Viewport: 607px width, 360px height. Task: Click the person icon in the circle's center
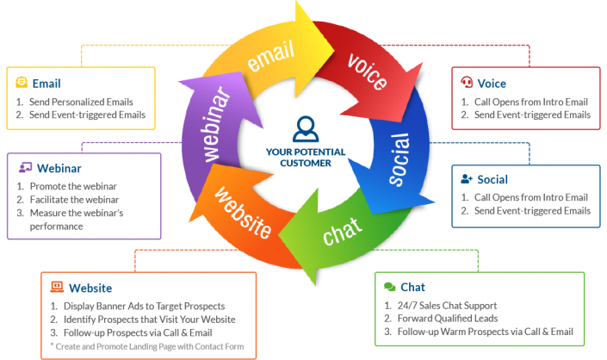point(305,128)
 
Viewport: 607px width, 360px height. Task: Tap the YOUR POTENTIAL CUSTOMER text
point(305,157)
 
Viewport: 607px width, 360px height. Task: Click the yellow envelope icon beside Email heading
point(22,84)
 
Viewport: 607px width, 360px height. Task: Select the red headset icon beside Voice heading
point(467,84)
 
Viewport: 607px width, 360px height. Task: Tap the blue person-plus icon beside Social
point(467,179)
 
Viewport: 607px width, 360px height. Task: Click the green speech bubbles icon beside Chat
point(389,287)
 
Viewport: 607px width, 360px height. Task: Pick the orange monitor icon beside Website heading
point(57,287)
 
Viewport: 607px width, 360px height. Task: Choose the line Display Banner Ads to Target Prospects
point(142,306)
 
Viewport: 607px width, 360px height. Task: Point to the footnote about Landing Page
point(146,346)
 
